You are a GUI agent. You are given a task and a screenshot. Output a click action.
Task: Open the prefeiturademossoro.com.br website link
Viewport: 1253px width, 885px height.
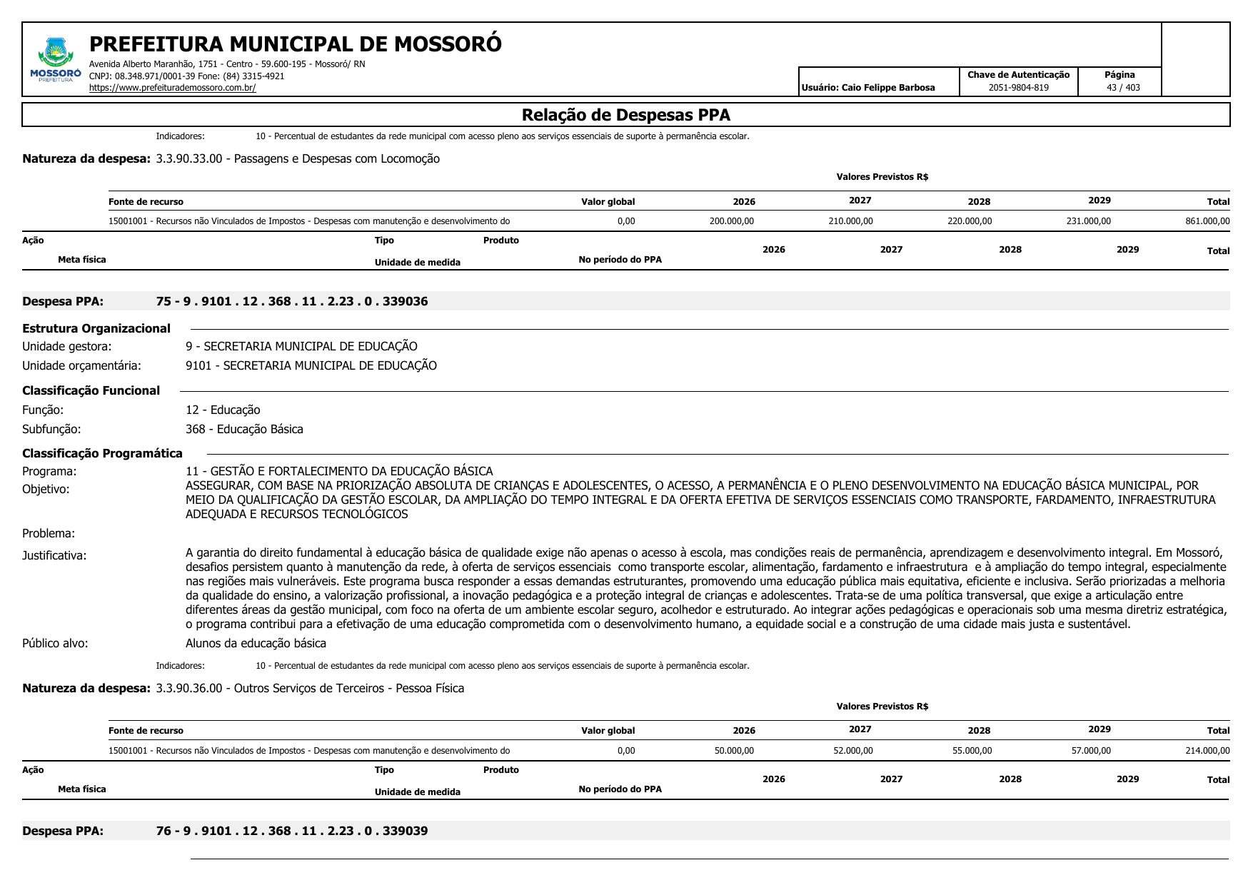[x=172, y=88]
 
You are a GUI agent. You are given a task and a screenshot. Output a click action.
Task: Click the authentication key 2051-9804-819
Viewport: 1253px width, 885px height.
[x=1018, y=88]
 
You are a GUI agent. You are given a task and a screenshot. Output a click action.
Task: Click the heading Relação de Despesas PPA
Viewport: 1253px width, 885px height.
[x=625, y=115]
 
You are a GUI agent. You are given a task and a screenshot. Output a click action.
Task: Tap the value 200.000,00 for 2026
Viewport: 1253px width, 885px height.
[x=731, y=221]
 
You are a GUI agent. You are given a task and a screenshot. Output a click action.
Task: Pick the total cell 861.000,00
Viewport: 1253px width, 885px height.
[x=1207, y=221]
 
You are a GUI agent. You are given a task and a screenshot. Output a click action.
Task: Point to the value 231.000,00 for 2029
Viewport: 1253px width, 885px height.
[x=1088, y=221]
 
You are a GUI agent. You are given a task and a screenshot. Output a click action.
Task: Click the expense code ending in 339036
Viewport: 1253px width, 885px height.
[x=292, y=301]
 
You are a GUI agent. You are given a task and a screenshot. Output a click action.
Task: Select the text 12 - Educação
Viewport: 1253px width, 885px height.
[x=223, y=410]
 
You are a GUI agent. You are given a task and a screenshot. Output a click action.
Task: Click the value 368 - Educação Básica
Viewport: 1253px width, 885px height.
[x=244, y=429]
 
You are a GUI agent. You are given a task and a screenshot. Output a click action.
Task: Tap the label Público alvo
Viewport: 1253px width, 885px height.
[x=55, y=643]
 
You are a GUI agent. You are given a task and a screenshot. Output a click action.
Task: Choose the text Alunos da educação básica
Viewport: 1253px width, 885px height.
[x=256, y=643]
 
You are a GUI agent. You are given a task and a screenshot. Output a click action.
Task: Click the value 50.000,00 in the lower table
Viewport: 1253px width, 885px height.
[x=734, y=751]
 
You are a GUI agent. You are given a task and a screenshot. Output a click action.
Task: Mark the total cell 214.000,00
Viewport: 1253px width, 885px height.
[x=1207, y=751]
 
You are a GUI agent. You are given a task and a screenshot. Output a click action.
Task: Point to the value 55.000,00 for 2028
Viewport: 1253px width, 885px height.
[x=972, y=751]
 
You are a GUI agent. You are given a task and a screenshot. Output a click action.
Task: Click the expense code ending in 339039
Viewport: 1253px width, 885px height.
[x=292, y=831]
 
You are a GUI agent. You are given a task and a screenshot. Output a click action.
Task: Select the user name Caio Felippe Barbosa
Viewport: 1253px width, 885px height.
[x=887, y=88]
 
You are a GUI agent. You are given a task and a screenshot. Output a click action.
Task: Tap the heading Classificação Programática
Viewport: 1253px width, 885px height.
[x=102, y=453]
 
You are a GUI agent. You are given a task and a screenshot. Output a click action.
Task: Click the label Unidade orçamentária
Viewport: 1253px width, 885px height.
[x=81, y=365]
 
